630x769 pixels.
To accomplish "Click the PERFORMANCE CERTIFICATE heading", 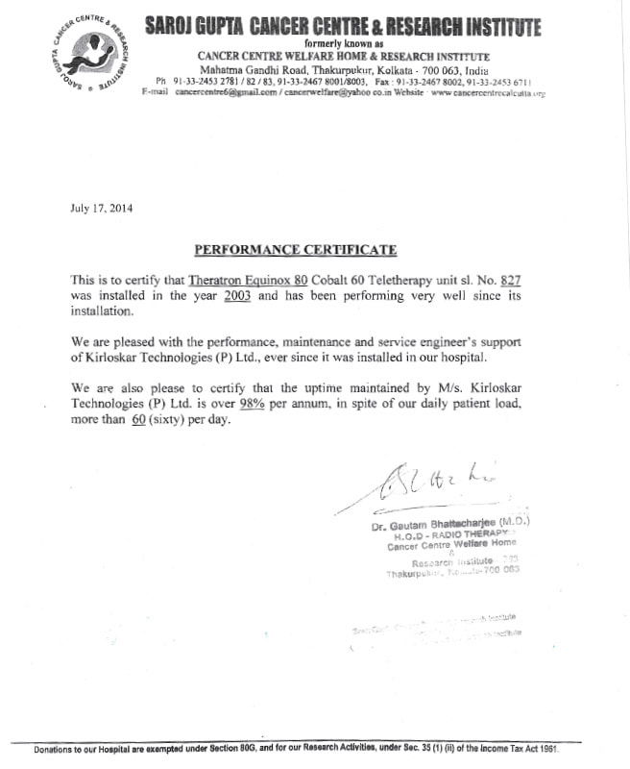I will pyautogui.click(x=296, y=249).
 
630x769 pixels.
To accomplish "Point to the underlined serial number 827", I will pyautogui.click(x=510, y=280).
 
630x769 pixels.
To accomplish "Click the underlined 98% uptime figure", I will pyautogui.click(x=253, y=404).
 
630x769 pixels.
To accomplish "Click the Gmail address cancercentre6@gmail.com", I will pyautogui.click(x=228, y=92).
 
